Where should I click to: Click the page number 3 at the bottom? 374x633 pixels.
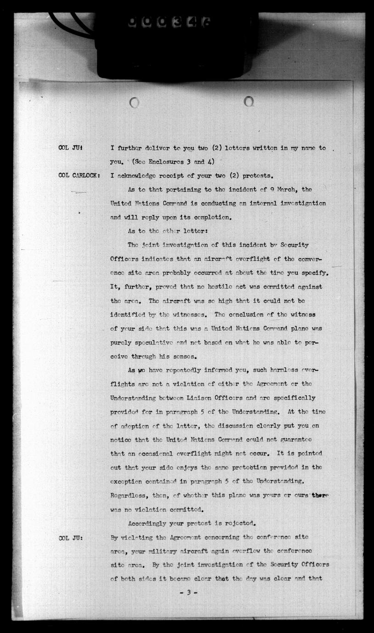coord(188,593)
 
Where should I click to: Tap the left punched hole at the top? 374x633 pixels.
coord(134,103)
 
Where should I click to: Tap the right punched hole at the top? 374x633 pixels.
coord(249,101)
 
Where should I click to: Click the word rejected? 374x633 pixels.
coord(235,523)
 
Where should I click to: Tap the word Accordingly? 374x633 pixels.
coord(150,523)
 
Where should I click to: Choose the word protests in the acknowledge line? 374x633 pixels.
coord(255,175)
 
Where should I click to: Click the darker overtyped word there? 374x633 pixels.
coord(320,495)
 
